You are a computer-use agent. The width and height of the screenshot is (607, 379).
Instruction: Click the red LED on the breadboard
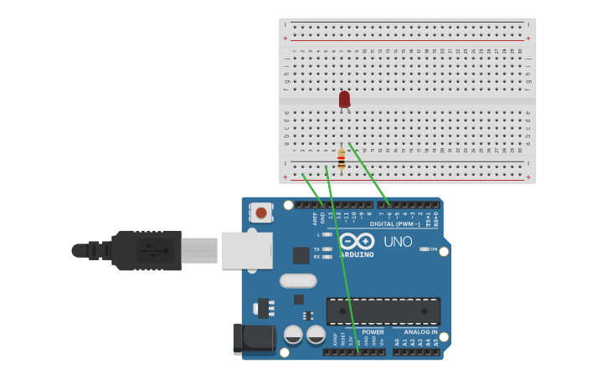pyautogui.click(x=344, y=99)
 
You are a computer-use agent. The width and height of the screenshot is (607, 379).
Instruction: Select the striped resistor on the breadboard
pyautogui.click(x=341, y=159)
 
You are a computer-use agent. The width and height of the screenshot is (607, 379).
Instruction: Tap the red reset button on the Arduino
pyautogui.click(x=261, y=213)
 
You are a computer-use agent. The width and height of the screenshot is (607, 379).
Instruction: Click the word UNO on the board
pyautogui.click(x=398, y=242)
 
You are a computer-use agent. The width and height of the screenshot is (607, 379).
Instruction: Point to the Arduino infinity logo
pyautogui.click(x=358, y=240)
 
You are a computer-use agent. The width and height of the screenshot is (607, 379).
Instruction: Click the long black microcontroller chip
pyautogui.click(x=383, y=310)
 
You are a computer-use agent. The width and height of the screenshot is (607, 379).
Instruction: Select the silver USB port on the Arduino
pyautogui.click(x=246, y=250)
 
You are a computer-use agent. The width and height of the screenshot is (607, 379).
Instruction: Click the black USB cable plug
pyautogui.click(x=147, y=250)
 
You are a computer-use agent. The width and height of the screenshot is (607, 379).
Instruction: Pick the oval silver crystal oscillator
pyautogui.click(x=298, y=281)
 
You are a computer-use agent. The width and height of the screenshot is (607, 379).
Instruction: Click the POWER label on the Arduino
pyautogui.click(x=373, y=332)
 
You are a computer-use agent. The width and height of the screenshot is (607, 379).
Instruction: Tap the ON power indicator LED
pyautogui.click(x=424, y=249)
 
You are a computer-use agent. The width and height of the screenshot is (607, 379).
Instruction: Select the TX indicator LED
pyautogui.click(x=327, y=249)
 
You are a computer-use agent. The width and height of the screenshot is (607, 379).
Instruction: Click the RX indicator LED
pyautogui.click(x=327, y=257)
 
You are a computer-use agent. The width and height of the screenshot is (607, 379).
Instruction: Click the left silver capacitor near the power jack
pyautogui.click(x=293, y=335)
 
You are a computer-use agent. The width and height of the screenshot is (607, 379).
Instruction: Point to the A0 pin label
pyautogui.click(x=397, y=342)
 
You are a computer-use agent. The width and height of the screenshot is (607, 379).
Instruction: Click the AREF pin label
pyautogui.click(x=316, y=218)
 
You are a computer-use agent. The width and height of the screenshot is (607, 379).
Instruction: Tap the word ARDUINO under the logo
pyautogui.click(x=357, y=254)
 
